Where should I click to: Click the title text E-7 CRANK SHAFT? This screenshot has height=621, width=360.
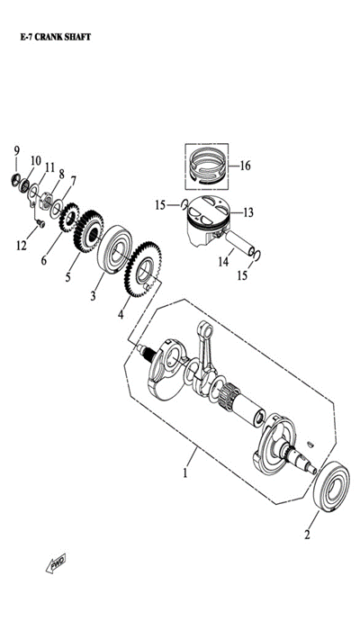(56, 37)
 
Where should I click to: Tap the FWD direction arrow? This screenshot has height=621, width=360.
(56, 562)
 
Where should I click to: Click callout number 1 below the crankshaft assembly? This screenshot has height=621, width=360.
(184, 472)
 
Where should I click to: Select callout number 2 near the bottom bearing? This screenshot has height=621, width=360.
(307, 535)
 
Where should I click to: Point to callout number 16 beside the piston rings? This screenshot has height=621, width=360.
(245, 166)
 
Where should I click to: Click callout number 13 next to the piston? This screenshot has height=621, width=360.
(247, 212)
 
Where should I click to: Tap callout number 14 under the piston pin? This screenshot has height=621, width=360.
(223, 262)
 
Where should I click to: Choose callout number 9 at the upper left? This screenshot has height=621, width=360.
(16, 150)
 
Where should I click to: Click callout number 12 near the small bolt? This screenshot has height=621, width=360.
(21, 246)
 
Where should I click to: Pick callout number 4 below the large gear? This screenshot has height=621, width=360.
(121, 314)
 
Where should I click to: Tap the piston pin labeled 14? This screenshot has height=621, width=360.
(240, 244)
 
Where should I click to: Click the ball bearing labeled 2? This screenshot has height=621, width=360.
(331, 486)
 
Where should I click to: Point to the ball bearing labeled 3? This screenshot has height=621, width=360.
(115, 249)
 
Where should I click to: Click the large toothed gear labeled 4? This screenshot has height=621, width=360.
(142, 269)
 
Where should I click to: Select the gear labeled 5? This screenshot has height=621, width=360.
(88, 231)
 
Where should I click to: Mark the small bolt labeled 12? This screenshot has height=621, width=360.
(40, 224)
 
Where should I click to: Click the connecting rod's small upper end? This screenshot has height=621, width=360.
(205, 328)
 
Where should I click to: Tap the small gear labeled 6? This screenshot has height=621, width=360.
(69, 218)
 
